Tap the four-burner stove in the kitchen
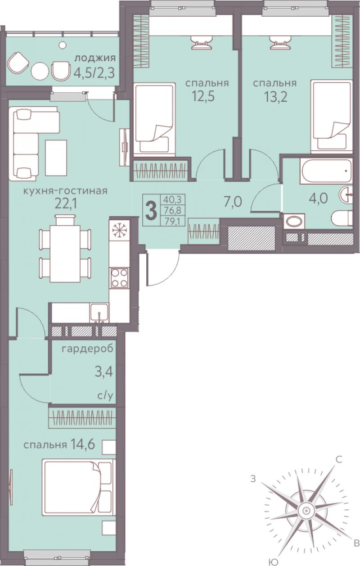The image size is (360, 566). (x=119, y=278)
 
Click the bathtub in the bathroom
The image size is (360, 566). (x=326, y=171)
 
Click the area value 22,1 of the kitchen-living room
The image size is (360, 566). (x=66, y=204)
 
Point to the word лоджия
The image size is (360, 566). (x=95, y=59)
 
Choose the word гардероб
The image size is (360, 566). (x=88, y=350)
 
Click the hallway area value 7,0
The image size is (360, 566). (x=233, y=202)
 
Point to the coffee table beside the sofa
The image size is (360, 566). (x=56, y=158)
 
